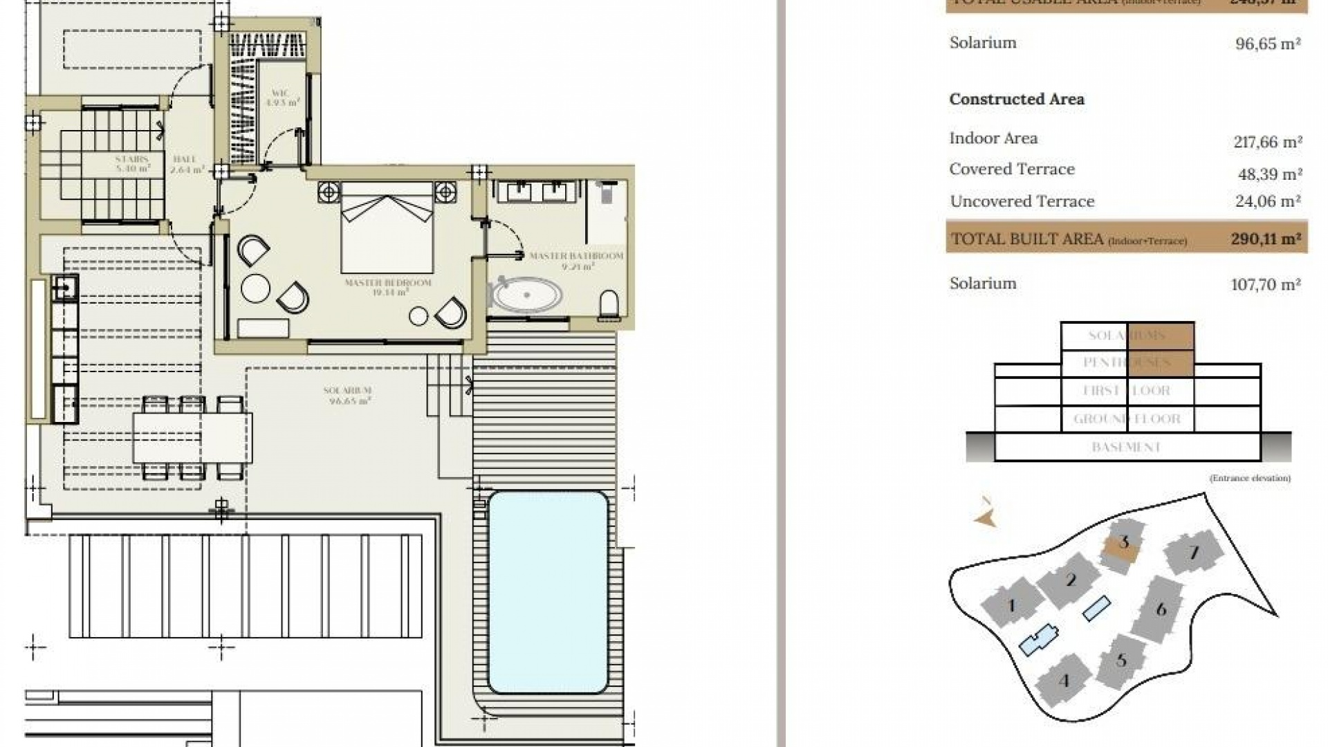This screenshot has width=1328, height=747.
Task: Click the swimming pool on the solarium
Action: (548, 592)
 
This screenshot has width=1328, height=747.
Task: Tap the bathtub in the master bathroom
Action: (527, 296)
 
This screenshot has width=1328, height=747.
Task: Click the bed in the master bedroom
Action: (387, 228)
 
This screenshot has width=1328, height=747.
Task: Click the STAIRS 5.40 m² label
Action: (132, 164)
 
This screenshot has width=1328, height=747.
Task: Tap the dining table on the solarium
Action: (192, 438)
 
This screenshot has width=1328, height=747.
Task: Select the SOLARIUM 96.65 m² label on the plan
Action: (348, 396)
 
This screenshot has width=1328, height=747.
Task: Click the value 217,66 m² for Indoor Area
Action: (1267, 142)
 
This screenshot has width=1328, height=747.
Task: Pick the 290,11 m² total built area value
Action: (1265, 239)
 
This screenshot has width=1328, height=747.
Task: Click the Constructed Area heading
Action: (1016, 100)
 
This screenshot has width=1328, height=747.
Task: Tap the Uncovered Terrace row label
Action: (1022, 201)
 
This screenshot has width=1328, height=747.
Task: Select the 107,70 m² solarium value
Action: (1265, 284)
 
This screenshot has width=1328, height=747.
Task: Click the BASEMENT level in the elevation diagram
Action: (1126, 448)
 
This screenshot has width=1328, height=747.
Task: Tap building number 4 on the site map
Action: (1064, 681)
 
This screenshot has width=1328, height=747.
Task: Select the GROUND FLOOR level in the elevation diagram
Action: (1127, 419)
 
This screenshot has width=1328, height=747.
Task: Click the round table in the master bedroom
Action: (255, 288)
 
